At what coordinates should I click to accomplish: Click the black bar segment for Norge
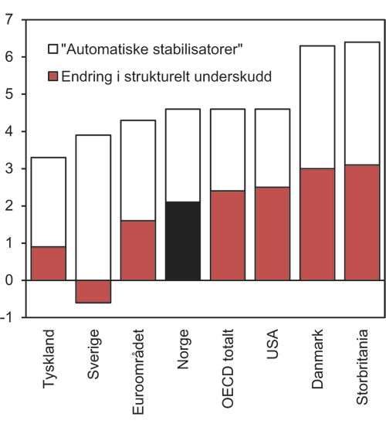tap(183, 241)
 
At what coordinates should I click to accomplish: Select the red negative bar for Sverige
tap(93, 291)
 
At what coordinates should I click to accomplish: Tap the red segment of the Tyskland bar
tap(49, 263)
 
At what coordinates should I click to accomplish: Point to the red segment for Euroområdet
tap(138, 250)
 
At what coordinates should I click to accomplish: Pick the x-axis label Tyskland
tap(49, 356)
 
